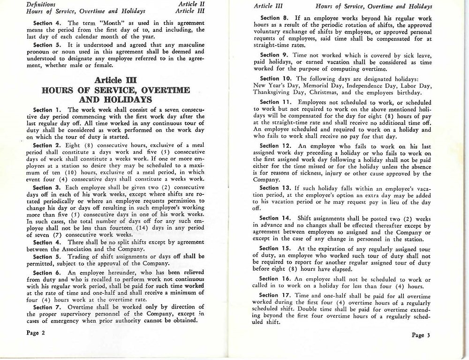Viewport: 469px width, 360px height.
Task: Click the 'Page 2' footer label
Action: point(36,333)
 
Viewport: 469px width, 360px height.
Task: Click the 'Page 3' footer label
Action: point(421,335)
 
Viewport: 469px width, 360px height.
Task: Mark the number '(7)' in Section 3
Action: point(57,235)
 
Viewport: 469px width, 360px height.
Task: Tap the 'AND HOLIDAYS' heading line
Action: point(115,100)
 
